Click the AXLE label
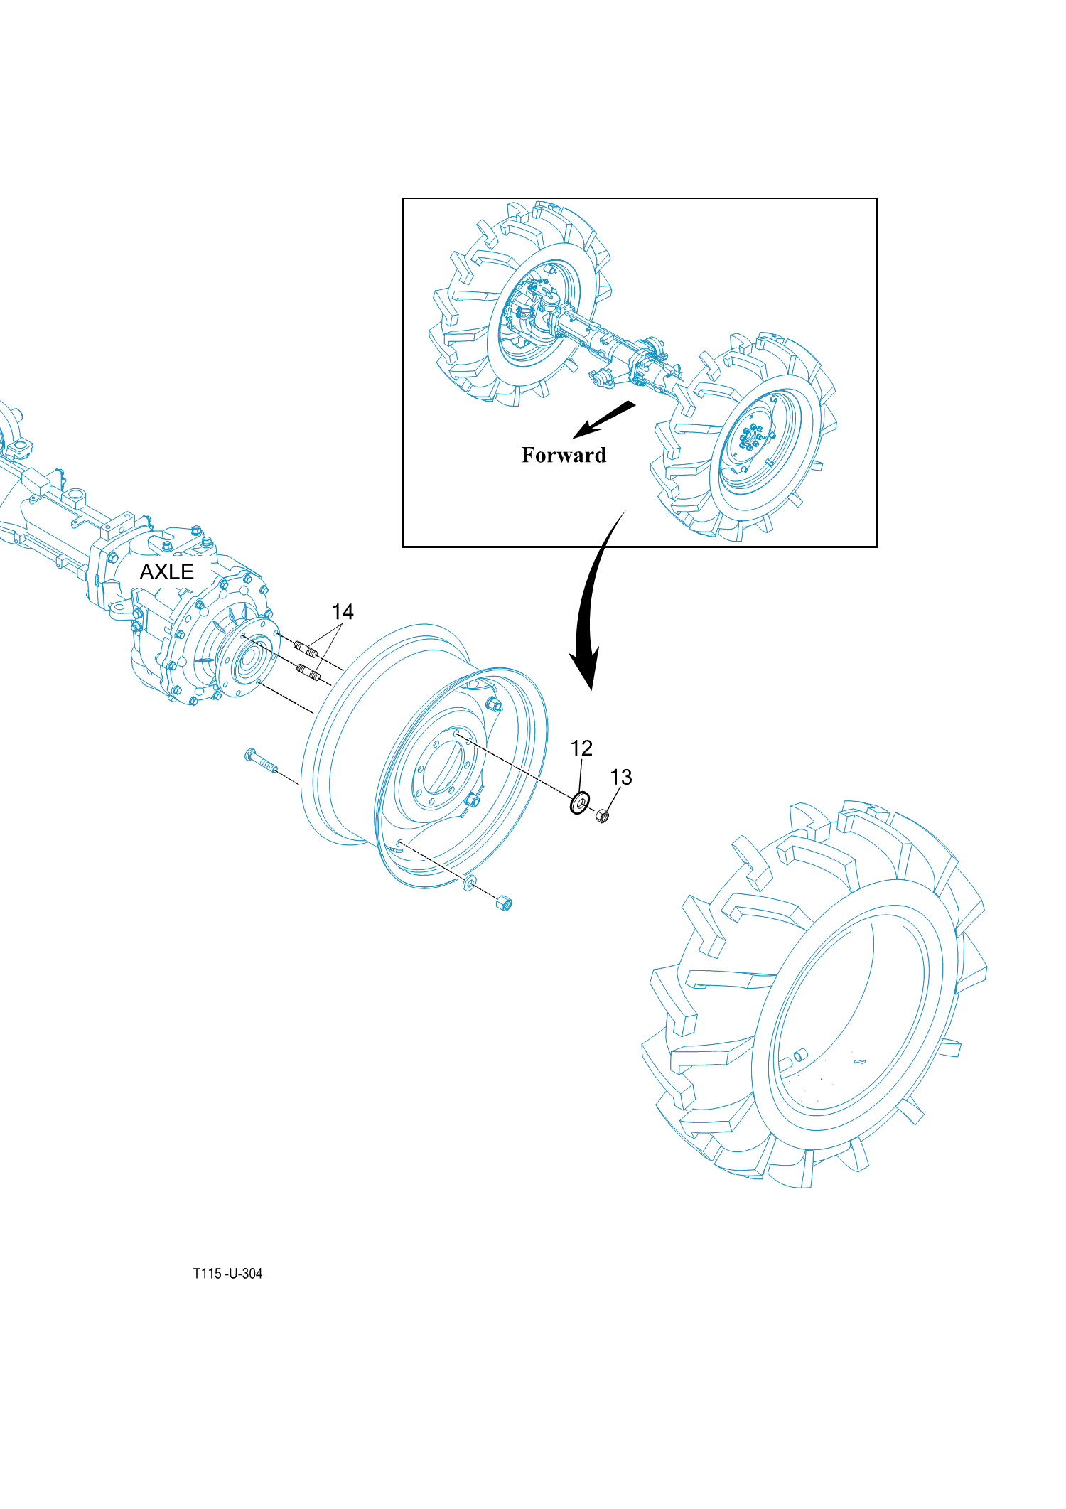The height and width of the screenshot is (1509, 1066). pos(166,572)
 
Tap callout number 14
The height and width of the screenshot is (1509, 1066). pos(343,612)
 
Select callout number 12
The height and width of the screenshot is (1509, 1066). pos(581,748)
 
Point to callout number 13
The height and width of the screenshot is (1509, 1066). pos(621,777)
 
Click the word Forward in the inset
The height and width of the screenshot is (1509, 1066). pos(564,455)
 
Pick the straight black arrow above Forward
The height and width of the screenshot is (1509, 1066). pos(603,419)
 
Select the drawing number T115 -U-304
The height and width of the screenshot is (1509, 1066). pos(227,1274)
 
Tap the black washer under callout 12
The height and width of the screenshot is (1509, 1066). pos(580,803)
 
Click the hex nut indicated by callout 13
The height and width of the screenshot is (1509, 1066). pos(602,816)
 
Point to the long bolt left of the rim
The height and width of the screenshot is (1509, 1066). pos(261,761)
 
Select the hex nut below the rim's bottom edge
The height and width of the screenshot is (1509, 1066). pos(504,903)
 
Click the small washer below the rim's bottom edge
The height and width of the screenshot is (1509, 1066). pos(469,884)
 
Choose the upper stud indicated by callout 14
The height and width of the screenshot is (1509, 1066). pos(306,648)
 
